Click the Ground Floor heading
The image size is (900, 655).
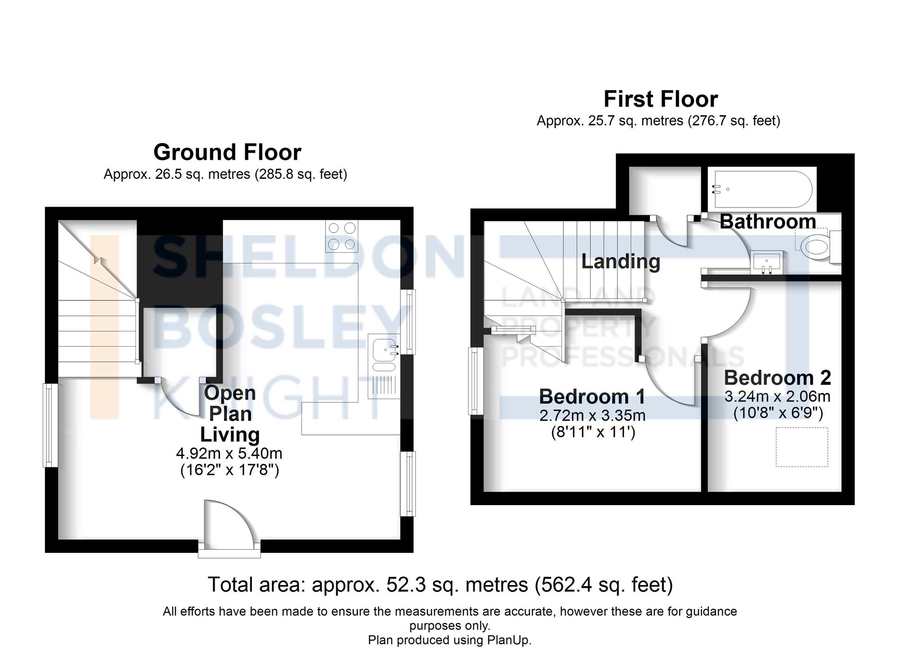(x=227, y=152)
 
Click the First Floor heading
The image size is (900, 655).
(x=660, y=99)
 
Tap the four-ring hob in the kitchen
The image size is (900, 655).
(x=342, y=236)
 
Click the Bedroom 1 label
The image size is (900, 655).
(x=592, y=397)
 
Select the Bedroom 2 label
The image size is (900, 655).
(x=777, y=378)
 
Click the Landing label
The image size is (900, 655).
(x=621, y=262)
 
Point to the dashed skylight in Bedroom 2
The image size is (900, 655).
(x=802, y=447)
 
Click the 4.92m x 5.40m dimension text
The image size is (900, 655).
(x=229, y=453)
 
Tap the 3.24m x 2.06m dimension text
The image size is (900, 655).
(x=777, y=397)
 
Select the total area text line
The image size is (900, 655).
(x=440, y=585)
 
